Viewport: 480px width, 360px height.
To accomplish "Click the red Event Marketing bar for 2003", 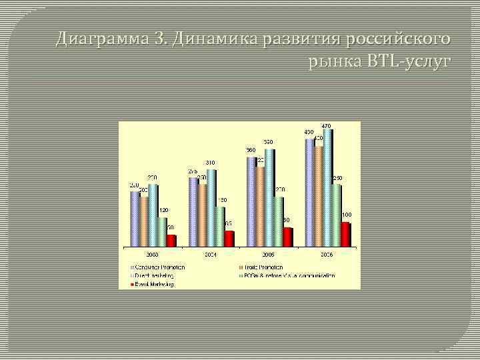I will coord(171,241).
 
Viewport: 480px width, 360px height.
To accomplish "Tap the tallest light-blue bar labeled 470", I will coord(327,187).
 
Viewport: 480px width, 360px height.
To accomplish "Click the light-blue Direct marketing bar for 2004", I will coord(211,208).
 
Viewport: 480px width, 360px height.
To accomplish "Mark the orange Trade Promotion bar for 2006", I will coord(319,196).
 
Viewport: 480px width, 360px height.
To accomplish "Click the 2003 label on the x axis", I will coord(153,255).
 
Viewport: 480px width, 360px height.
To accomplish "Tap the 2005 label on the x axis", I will coord(269,255).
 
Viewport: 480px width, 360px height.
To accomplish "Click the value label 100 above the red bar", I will coord(347,215).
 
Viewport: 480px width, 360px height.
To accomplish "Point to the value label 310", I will coord(210,163).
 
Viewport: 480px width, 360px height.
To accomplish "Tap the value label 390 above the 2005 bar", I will coord(268,142).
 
